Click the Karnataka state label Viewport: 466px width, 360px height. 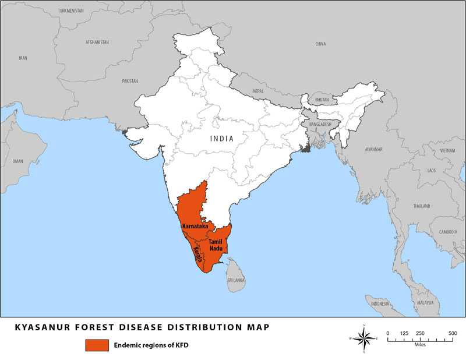coord(195,225)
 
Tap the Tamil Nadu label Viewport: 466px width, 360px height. coord(216,245)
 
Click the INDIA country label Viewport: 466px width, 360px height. coord(222,139)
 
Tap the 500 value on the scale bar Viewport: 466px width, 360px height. coord(452,333)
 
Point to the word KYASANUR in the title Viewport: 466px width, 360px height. coord(39,327)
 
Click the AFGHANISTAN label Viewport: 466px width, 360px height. coord(98,43)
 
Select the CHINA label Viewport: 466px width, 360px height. coord(320,44)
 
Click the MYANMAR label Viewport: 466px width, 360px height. coord(373,149)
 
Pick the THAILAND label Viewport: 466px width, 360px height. coord(421,206)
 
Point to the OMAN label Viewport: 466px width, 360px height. coord(17,161)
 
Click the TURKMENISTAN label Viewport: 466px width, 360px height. coord(71,10)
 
